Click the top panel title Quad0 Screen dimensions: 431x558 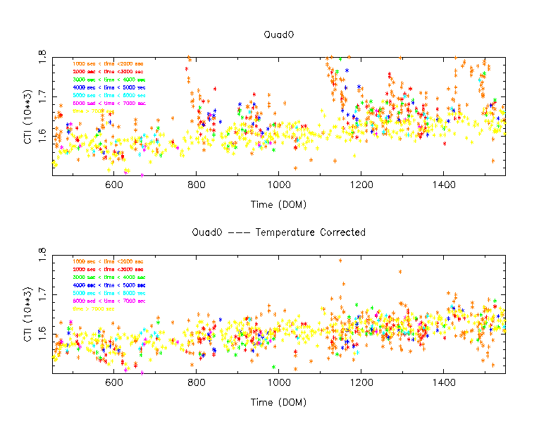pos(278,34)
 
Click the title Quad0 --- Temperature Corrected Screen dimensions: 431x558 pos(278,232)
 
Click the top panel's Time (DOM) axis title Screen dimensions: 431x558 pos(278,204)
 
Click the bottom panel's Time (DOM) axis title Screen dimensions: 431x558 pos(278,402)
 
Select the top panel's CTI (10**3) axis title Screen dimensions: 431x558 pos(27,116)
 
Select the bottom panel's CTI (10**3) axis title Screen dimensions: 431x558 pos(27,314)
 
